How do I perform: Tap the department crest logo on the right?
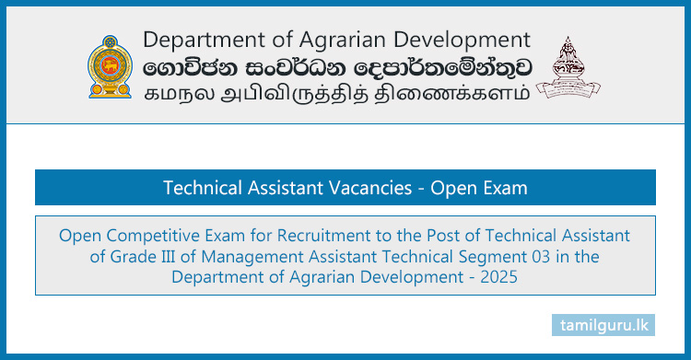568,68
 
